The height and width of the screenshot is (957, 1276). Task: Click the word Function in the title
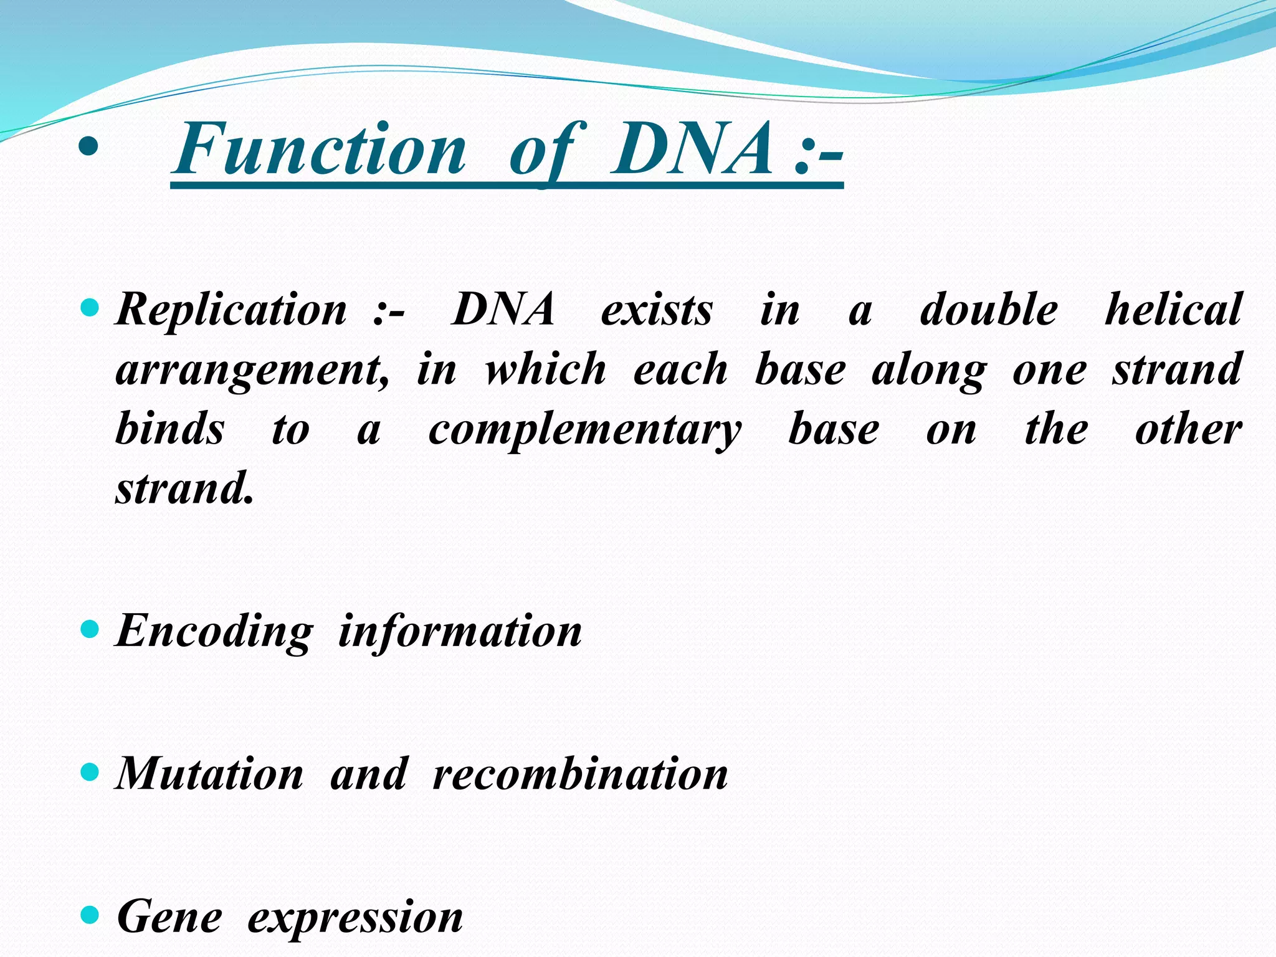point(320,150)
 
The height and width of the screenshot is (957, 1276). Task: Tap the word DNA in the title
point(692,150)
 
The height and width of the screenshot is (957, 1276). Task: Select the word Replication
point(231,310)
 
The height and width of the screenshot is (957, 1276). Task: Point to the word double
point(989,310)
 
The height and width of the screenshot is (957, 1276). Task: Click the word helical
point(1173,310)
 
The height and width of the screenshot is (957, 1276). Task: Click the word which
point(545,369)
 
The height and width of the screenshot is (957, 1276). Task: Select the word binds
point(169,430)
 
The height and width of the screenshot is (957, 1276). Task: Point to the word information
point(460,632)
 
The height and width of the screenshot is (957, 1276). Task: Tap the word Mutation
point(210,774)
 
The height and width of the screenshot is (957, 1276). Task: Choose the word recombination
point(580,774)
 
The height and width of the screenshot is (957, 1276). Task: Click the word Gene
point(169,917)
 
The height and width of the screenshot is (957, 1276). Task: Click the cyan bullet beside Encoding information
point(90,629)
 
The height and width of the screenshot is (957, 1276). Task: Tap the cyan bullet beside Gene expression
point(90,915)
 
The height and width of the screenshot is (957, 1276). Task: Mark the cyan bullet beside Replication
point(90,307)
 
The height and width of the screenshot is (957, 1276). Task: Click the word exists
point(656,310)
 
